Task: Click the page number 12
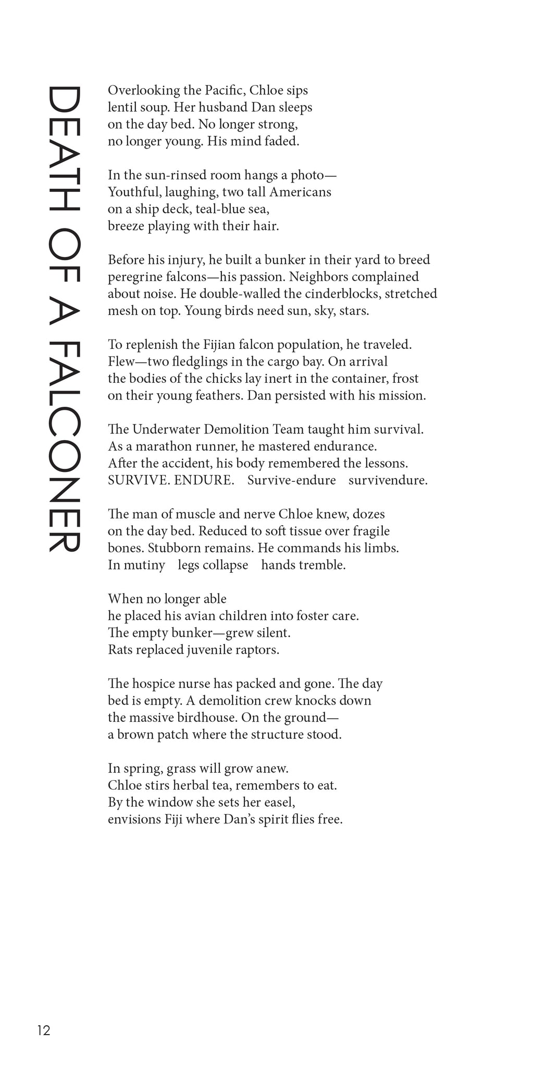[x=43, y=1030]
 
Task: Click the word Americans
[x=300, y=192]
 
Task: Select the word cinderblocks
[x=332, y=294]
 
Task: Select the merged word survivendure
[x=388, y=480]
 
